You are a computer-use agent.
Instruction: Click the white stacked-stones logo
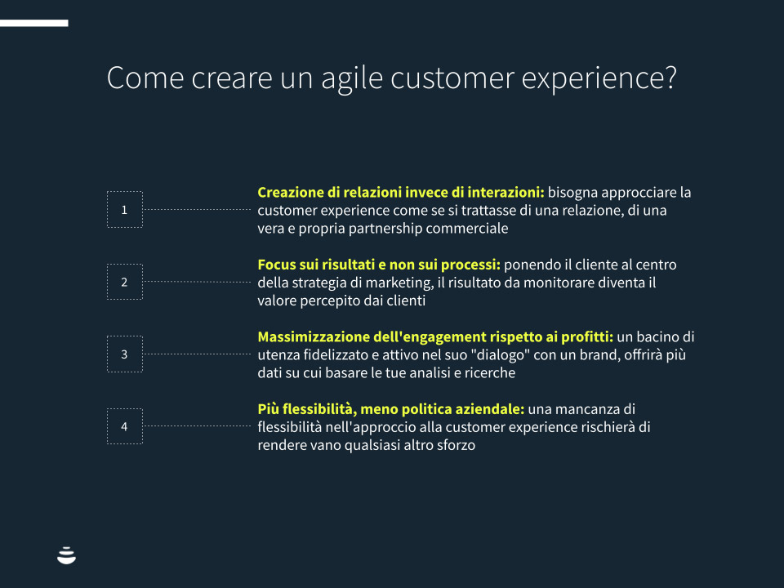pyautogui.click(x=66, y=555)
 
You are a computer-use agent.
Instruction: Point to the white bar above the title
pyautogui.click(x=34, y=23)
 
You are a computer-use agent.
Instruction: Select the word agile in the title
pyautogui.click(x=352, y=79)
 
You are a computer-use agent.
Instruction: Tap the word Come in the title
pyautogui.click(x=145, y=78)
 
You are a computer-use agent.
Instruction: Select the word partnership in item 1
pyautogui.click(x=385, y=229)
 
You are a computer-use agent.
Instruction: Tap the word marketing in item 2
pyautogui.click(x=399, y=283)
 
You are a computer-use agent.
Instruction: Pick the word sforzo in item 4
pyautogui.click(x=456, y=445)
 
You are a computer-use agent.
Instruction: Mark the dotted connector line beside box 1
pyautogui.click(x=197, y=210)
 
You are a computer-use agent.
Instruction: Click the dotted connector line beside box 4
pyautogui.click(x=197, y=426)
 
